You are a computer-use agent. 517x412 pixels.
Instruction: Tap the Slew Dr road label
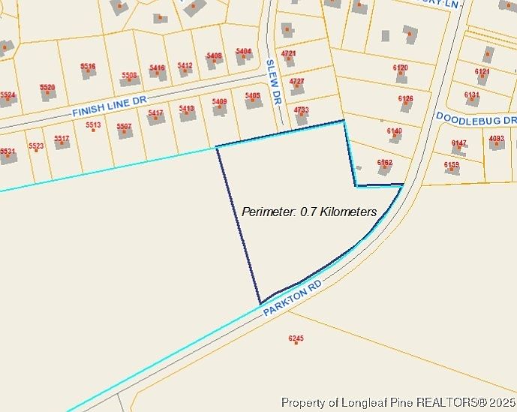(275, 83)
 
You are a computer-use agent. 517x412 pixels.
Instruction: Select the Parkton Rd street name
(293, 297)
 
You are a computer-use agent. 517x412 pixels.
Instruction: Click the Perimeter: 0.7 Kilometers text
(309, 212)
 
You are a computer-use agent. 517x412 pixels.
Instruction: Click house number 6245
(296, 339)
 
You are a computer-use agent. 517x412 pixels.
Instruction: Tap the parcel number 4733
(301, 110)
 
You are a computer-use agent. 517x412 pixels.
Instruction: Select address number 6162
(385, 162)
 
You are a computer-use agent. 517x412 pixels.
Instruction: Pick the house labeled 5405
(253, 96)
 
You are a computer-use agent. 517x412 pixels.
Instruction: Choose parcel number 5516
(89, 66)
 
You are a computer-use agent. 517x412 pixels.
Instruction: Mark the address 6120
(401, 68)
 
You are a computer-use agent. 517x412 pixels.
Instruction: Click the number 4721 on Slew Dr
(288, 54)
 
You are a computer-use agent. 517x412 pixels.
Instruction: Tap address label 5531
(7, 152)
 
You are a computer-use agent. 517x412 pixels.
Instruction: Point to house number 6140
(395, 131)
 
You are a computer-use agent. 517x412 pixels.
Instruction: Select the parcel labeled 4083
(497, 138)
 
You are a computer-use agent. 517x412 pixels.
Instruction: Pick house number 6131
(471, 95)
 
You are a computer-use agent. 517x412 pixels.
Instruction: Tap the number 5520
(47, 87)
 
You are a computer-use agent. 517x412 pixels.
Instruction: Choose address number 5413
(187, 109)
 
